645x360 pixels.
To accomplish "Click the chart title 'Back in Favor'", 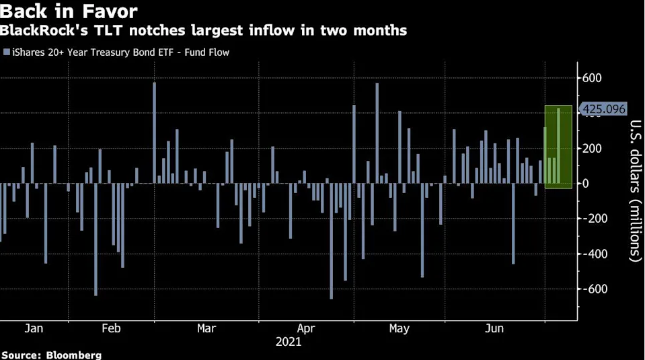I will pos(69,11).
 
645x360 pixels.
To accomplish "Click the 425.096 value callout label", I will pos(603,109).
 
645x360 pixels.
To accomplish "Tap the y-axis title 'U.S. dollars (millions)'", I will pos(634,190).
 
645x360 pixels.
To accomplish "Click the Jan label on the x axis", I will pos(34,328).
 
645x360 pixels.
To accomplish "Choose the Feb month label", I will pos(111,328).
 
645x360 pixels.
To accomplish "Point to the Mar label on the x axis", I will pos(206,328).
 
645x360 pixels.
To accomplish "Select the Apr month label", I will pos(306,328).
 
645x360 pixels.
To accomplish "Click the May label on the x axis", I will pos(399,328).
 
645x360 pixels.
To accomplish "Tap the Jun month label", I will pos(494,328).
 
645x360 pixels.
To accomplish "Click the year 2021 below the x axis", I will pos(289,342).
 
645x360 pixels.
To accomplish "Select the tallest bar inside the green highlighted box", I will pos(559,146).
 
